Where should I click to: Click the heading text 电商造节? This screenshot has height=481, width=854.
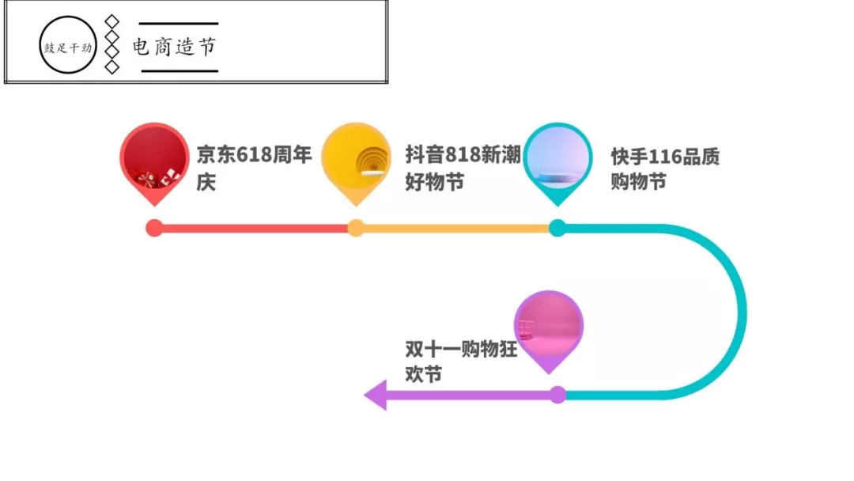point(174,47)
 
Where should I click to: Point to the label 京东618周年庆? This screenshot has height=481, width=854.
point(254,168)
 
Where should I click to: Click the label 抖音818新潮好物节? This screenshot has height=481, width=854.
point(463,168)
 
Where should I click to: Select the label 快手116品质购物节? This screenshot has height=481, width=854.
point(665,169)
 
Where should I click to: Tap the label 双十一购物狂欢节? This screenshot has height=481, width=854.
point(461,362)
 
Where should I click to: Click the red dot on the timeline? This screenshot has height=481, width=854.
point(154,228)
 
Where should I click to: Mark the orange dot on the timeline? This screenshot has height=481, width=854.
point(356,228)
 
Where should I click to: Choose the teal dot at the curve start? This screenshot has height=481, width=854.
point(557,228)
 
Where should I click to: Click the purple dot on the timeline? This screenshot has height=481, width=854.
point(557,395)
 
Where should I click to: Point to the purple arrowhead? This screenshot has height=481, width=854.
point(376,395)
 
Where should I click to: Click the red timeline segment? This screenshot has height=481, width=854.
point(255,229)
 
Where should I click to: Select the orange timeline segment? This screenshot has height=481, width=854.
point(456,229)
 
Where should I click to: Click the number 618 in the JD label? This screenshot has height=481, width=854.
point(253,155)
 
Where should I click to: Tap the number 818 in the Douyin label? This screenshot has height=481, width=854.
point(463,155)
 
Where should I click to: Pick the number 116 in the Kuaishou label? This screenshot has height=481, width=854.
point(664,157)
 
